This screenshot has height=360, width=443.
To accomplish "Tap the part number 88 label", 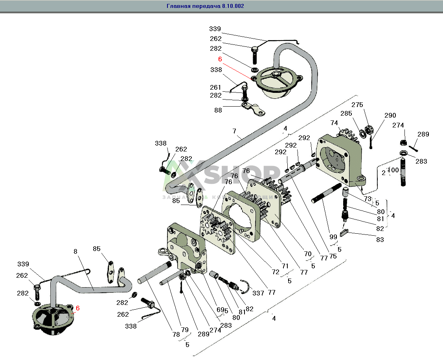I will point(218,111).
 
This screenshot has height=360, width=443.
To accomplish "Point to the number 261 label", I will point(215,87).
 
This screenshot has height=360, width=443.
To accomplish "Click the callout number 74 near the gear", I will point(334,123).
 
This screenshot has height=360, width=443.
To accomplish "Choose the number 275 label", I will point(357,105).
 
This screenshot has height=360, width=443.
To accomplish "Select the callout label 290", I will point(390,115).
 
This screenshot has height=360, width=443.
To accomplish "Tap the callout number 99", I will point(333,237).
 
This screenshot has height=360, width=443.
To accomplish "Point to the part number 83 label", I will point(380,239).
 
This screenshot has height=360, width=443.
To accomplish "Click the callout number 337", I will point(258,293).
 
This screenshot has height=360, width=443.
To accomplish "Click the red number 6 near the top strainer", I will point(220,59).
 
